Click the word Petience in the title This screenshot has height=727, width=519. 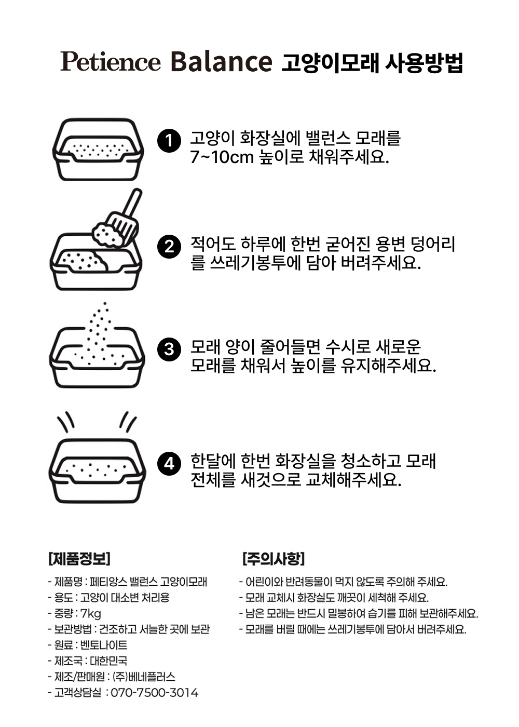pyautogui.click(x=110, y=62)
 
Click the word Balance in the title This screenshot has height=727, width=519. pyautogui.click(x=221, y=61)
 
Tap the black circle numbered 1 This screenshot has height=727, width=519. pyautogui.click(x=169, y=141)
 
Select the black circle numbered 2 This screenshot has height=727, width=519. pyautogui.click(x=169, y=247)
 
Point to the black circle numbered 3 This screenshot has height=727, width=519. pyautogui.click(x=169, y=349)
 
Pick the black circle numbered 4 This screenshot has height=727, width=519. pyautogui.click(x=169, y=464)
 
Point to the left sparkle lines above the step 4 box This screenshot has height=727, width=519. pyautogui.click(x=66, y=422)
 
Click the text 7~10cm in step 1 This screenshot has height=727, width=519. pyautogui.click(x=222, y=157)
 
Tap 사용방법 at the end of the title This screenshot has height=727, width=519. pyautogui.click(x=424, y=62)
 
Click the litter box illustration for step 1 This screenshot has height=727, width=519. pyautogui.click(x=98, y=150)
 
